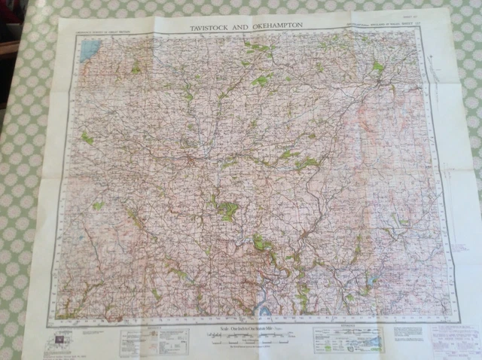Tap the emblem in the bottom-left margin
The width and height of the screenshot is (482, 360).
click(x=59, y=340)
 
